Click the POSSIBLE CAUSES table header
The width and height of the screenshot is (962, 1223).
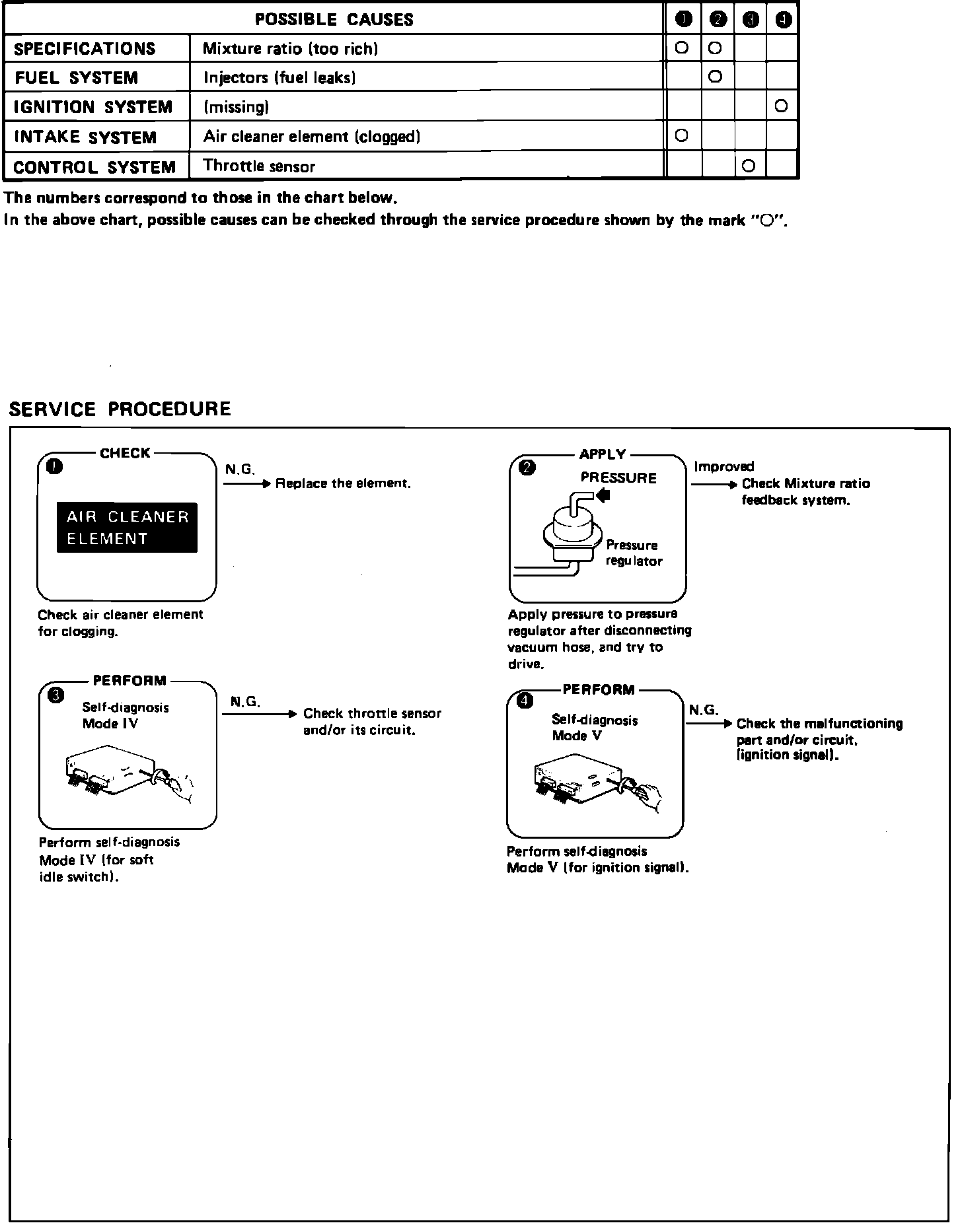pyautogui.click(x=334, y=19)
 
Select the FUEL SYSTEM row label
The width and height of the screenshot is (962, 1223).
pyautogui.click(x=77, y=78)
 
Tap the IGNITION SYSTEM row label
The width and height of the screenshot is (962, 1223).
pyautogui.click(x=93, y=107)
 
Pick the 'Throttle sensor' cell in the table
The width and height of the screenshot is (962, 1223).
pyautogui.click(x=259, y=166)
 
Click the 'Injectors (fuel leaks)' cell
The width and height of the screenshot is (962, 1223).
pyautogui.click(x=280, y=78)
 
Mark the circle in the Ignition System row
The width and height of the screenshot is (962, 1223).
pyautogui.click(x=782, y=106)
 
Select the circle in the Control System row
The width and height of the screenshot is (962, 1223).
pyautogui.click(x=749, y=166)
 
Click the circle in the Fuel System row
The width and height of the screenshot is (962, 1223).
pyautogui.click(x=715, y=77)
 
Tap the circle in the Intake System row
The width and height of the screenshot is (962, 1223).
pyautogui.click(x=682, y=135)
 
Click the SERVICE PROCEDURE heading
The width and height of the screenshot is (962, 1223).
pyautogui.click(x=120, y=409)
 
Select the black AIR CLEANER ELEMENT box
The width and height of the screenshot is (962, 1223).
pyautogui.click(x=127, y=528)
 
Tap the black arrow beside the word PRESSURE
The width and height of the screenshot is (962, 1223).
pyautogui.click(x=603, y=495)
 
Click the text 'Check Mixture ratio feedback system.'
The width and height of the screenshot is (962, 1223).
pyautogui.click(x=806, y=492)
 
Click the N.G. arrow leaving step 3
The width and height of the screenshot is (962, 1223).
pyautogui.click(x=260, y=714)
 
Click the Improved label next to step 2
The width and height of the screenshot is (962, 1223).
pyautogui.click(x=723, y=467)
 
